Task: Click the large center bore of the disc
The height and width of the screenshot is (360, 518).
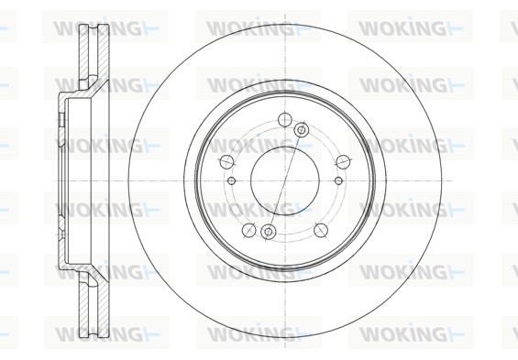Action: click(x=285, y=180)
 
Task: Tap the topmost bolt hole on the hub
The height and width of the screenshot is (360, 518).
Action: click(x=285, y=119)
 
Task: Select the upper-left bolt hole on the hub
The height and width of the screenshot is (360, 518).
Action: click(x=226, y=161)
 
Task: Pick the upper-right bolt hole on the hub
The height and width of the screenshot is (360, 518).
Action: click(x=343, y=161)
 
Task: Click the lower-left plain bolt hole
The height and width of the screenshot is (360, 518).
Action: click(x=248, y=230)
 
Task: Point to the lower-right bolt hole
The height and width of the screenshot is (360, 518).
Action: click(x=321, y=230)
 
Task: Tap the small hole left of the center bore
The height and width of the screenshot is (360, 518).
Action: click(x=232, y=180)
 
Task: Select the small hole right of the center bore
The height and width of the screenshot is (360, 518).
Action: click(x=338, y=180)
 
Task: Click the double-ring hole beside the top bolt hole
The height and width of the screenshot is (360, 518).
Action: click(x=302, y=130)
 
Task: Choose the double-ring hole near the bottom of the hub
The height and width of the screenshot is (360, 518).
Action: click(x=269, y=232)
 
